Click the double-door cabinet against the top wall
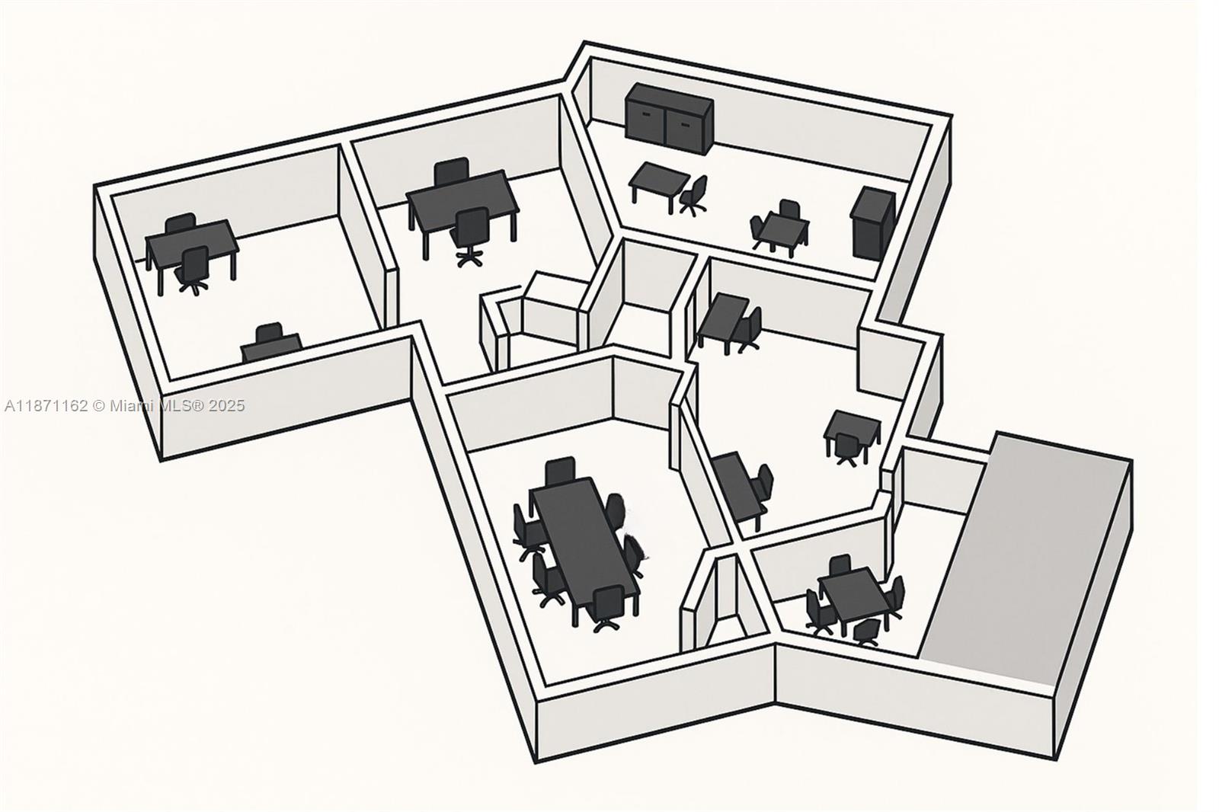point(668,116)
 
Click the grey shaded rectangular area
point(1021,556)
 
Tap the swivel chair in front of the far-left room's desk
point(194,268)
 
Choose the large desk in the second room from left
point(462,197)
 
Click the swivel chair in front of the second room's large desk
point(469,233)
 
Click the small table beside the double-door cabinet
point(658,179)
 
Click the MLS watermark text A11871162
point(46,406)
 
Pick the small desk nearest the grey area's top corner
point(854,428)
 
